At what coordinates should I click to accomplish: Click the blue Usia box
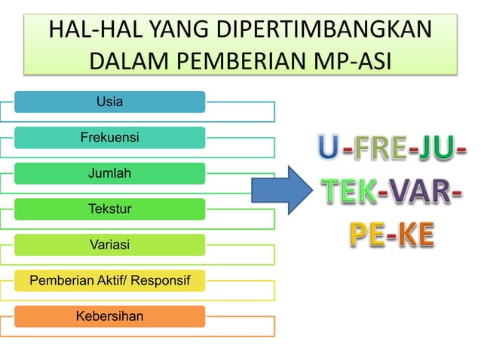(109, 102)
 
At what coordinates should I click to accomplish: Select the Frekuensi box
(109, 137)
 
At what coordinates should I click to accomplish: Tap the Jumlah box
(109, 173)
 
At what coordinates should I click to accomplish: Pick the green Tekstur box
(109, 209)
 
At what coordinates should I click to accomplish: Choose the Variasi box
(109, 245)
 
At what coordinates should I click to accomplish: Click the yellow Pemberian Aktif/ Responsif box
(109, 281)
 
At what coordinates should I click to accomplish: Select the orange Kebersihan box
(109, 316)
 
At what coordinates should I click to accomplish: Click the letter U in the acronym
(328, 148)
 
